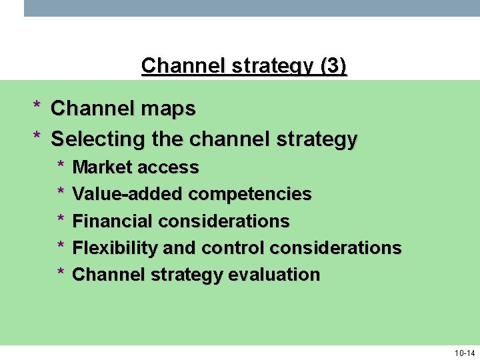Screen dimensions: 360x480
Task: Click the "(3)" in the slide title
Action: pyautogui.click(x=333, y=66)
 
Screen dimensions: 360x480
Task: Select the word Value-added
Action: pyautogui.click(x=127, y=194)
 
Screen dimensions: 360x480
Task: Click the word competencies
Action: pyautogui.click(x=250, y=195)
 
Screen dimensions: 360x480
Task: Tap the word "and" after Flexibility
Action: pyautogui.click(x=179, y=248)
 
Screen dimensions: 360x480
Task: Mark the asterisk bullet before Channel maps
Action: pyautogui.click(x=37, y=107)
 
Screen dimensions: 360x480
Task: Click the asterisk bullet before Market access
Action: pyautogui.click(x=60, y=166)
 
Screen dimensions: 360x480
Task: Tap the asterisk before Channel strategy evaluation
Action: pyautogui.click(x=60, y=273)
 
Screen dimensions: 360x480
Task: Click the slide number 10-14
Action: pyautogui.click(x=464, y=353)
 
